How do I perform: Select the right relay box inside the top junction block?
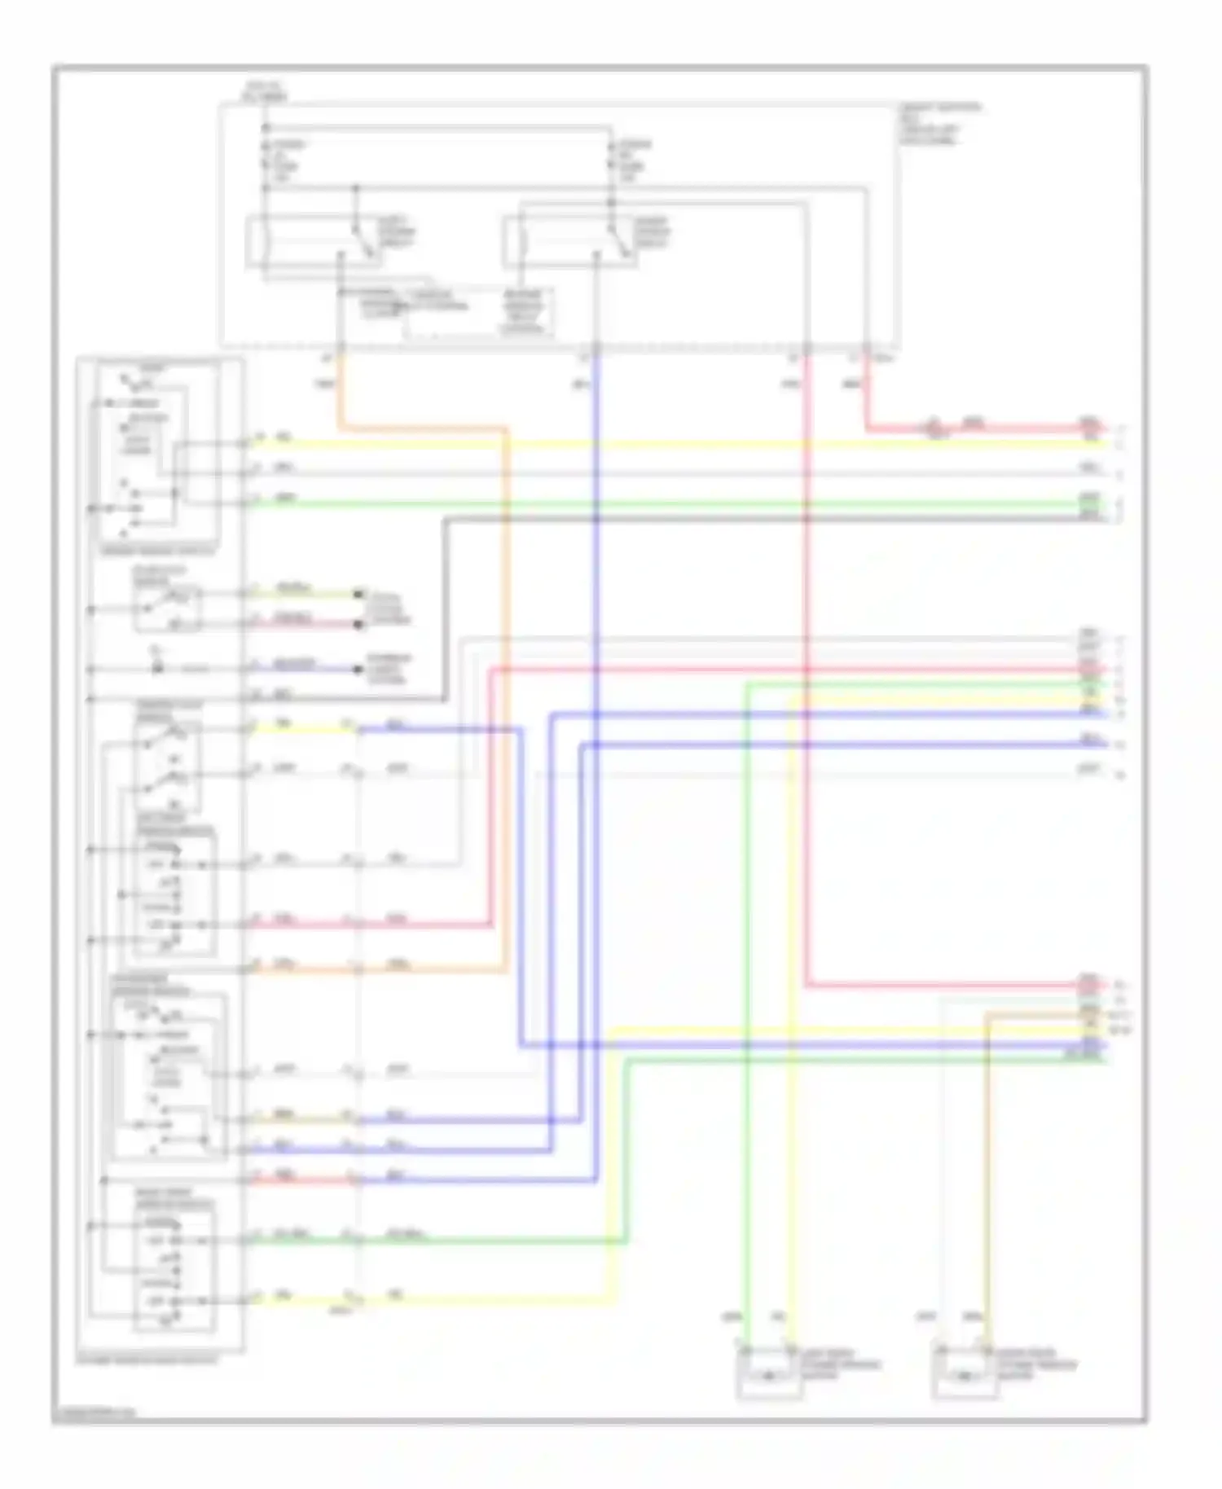[x=570, y=241]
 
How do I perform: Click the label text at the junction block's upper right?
[x=938, y=124]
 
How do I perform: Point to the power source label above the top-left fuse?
[x=265, y=91]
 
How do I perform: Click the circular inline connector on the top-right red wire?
[x=935, y=426]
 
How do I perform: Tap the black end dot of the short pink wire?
[x=358, y=625]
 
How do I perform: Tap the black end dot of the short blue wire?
[x=358, y=670]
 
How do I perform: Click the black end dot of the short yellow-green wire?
[x=358, y=594]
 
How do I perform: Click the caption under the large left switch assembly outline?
[x=147, y=1360]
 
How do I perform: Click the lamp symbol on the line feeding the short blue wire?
[x=157, y=668]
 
